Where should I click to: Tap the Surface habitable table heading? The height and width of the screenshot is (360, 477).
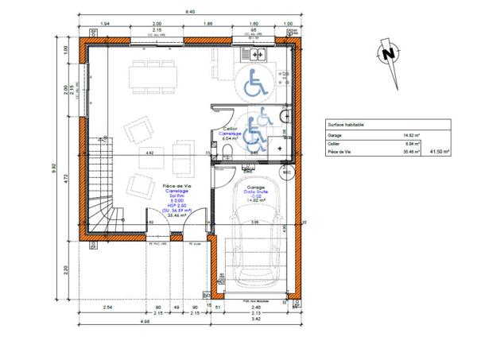click(x=345, y=125)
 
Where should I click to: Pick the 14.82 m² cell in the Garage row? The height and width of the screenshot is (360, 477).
click(x=411, y=136)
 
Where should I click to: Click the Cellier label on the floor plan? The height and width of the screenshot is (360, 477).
click(x=231, y=127)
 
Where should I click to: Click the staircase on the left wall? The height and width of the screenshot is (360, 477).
click(x=103, y=191)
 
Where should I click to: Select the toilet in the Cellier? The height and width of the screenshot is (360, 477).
click(x=226, y=158)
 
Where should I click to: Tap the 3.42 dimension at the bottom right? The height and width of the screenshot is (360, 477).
click(x=254, y=321)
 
